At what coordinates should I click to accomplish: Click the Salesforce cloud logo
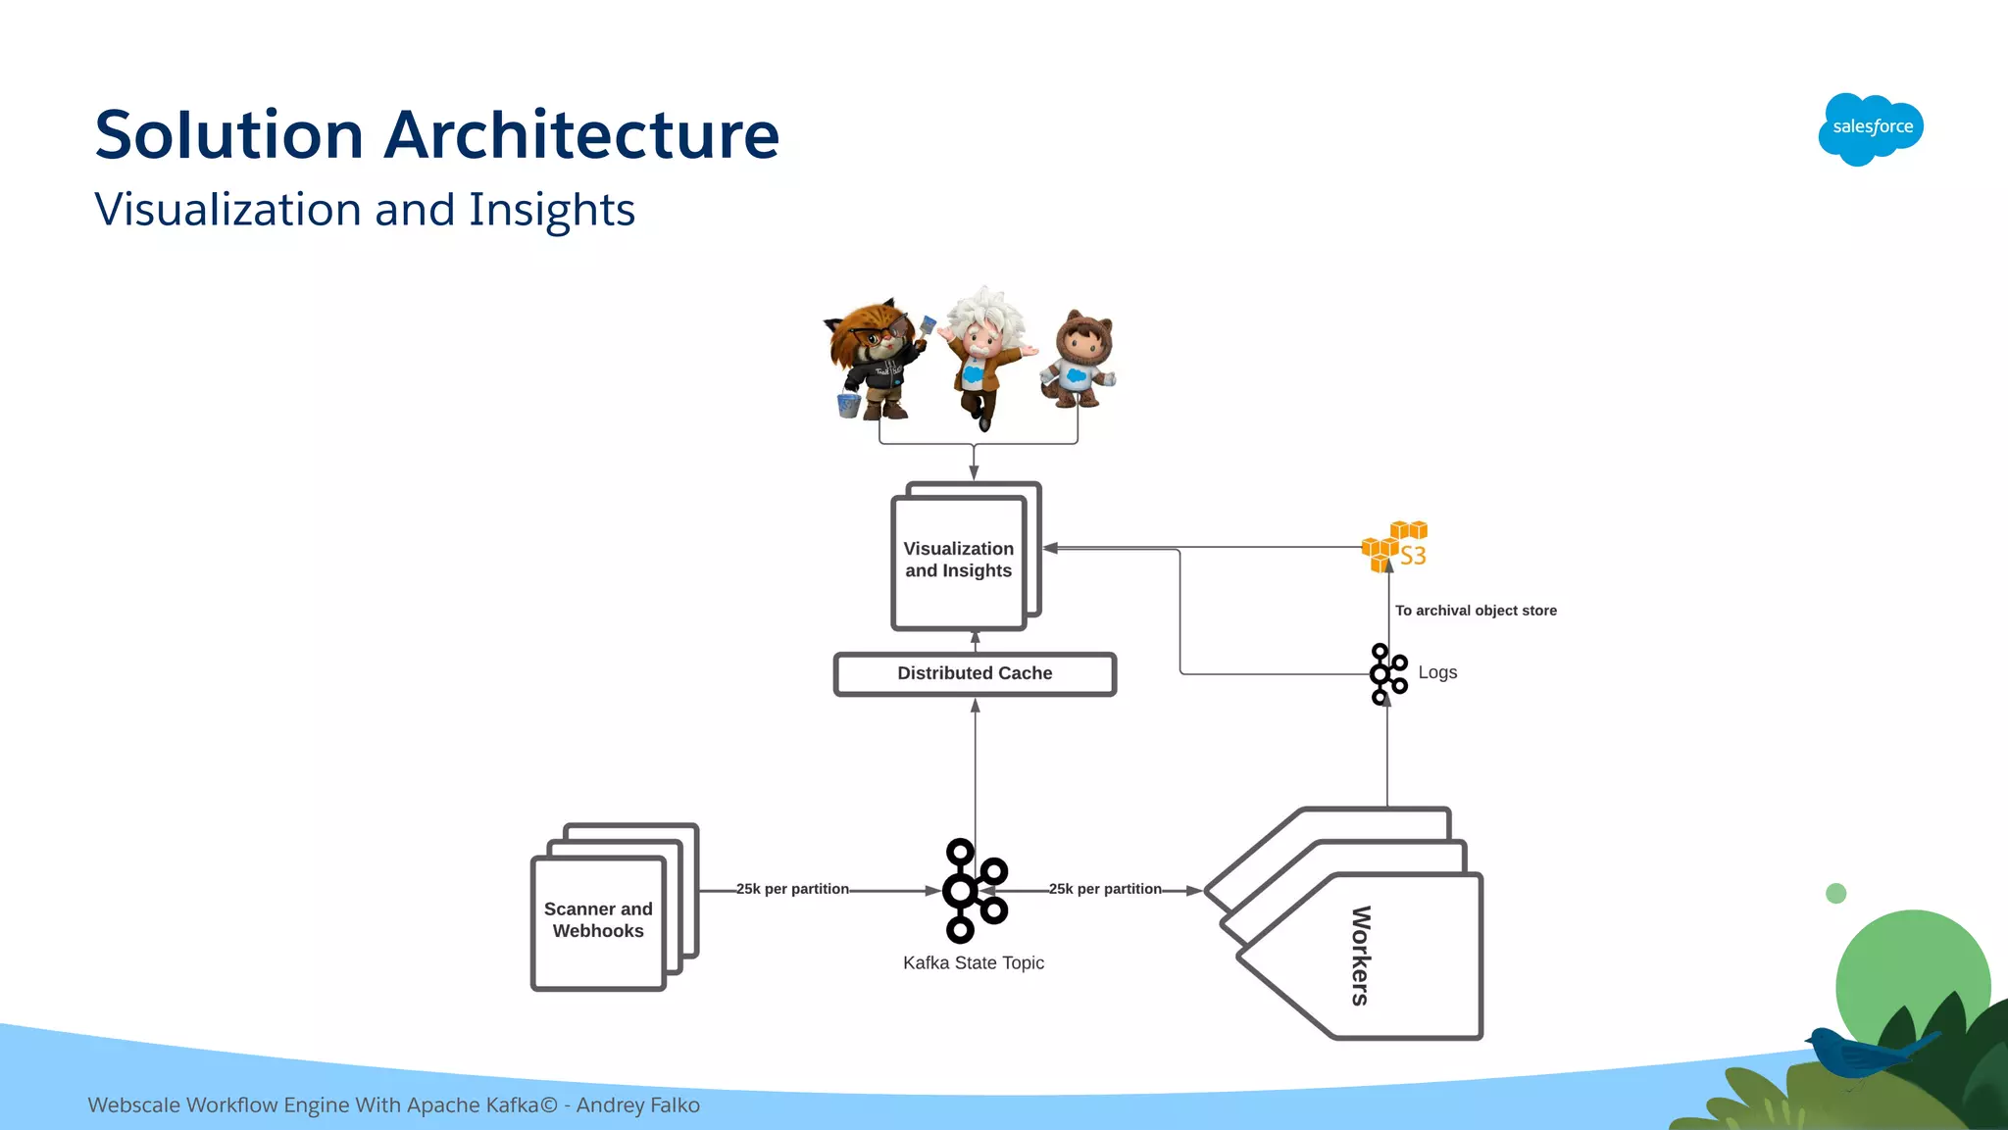pyautogui.click(x=1871, y=128)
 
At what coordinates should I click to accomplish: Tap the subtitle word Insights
pyautogui.click(x=551, y=210)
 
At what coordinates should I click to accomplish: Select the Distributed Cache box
pyautogui.click(x=975, y=674)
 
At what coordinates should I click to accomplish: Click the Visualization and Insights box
pyautogui.click(x=959, y=561)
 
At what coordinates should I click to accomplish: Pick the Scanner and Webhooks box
pyautogui.click(x=598, y=920)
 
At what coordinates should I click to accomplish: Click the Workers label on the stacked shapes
pyautogui.click(x=1361, y=956)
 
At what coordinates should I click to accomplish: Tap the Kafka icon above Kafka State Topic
pyautogui.click(x=974, y=890)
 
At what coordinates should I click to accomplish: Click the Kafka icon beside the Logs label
pyautogui.click(x=1387, y=673)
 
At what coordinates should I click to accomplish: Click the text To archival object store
pyautogui.click(x=1476, y=611)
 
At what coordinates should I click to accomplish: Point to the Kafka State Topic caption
pyautogui.click(x=974, y=963)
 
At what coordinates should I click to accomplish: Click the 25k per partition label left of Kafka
pyautogui.click(x=792, y=889)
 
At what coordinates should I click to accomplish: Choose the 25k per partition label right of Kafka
pyautogui.click(x=1105, y=889)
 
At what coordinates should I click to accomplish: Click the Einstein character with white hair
pyautogui.click(x=984, y=353)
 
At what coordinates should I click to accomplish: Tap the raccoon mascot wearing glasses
pyautogui.click(x=876, y=358)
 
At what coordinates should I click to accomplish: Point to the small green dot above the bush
pyautogui.click(x=1836, y=893)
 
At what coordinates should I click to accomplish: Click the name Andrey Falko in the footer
pyautogui.click(x=638, y=1105)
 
